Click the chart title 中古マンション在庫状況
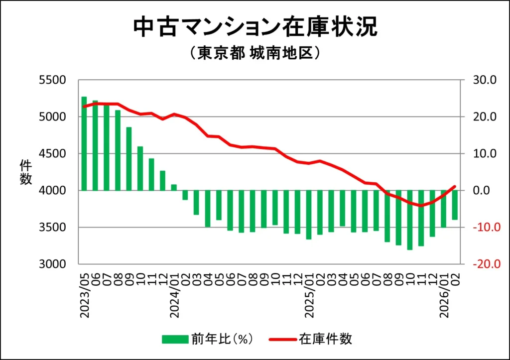coord(255,27)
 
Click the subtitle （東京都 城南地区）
coord(255,53)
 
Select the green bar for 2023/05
coord(84,143)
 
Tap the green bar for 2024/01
coord(174,187)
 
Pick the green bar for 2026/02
coord(454,205)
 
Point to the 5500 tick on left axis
coord(52,80)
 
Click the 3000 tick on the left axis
coord(52,264)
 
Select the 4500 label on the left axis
coord(52,153)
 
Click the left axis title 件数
coord(26,172)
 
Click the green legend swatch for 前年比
coord(174,340)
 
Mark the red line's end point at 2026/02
coord(454,187)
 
